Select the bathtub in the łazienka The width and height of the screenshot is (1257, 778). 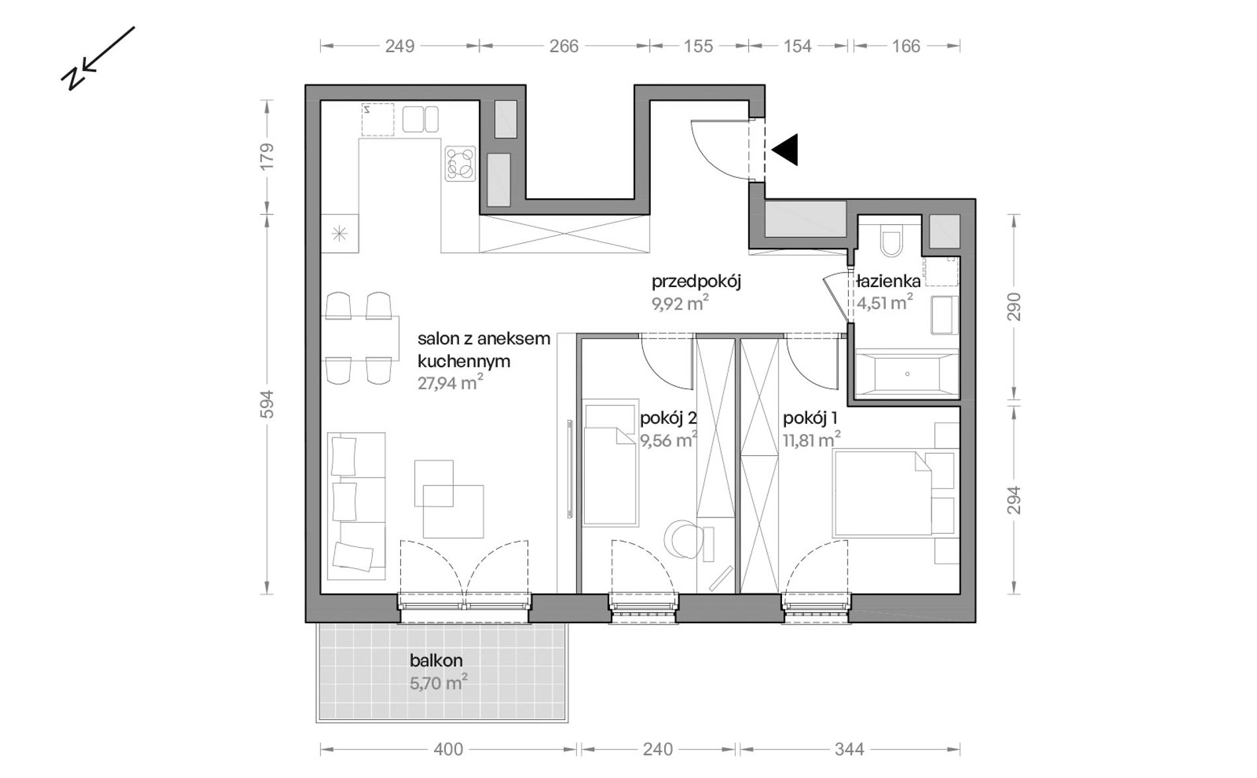point(906,374)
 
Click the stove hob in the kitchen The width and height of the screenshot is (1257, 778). point(460,163)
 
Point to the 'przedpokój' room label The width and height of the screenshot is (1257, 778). point(696,281)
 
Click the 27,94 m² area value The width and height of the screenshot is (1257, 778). point(450,382)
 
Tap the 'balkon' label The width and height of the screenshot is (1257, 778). point(436,660)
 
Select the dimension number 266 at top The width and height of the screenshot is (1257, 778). point(564,46)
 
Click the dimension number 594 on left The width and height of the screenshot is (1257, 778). point(267,404)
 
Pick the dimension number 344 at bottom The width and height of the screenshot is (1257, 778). point(849,749)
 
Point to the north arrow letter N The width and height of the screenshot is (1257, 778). point(72,79)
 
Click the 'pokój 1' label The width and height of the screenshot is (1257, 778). point(810,418)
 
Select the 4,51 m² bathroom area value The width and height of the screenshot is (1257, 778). point(885,302)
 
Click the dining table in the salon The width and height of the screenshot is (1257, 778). point(360,338)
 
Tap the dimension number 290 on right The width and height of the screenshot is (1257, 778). point(1014,308)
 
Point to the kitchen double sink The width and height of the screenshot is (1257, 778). point(420,120)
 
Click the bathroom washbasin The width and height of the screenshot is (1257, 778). point(944,315)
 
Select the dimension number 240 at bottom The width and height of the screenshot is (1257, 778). point(658,749)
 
